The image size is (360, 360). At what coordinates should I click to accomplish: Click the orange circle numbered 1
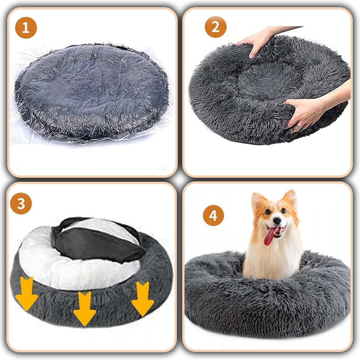point(26,28)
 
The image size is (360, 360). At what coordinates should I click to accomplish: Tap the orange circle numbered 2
point(216,27)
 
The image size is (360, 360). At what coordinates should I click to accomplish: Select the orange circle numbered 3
point(21,203)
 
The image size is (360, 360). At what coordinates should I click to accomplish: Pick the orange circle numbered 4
point(213,216)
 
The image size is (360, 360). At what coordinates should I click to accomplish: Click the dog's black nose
point(277,220)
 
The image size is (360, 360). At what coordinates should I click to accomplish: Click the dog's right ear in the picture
point(290,198)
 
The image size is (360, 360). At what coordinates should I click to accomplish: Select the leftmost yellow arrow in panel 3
point(27,293)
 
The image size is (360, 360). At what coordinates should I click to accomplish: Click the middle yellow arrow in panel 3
point(85,308)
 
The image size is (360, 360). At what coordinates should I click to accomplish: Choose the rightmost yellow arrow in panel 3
point(142,299)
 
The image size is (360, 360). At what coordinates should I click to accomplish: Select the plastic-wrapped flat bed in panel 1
point(91,93)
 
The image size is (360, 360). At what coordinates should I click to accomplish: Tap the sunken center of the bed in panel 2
point(269,81)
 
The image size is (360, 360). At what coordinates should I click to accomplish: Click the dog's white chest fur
point(273,260)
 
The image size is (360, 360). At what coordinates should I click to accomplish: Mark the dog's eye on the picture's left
point(267,211)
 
